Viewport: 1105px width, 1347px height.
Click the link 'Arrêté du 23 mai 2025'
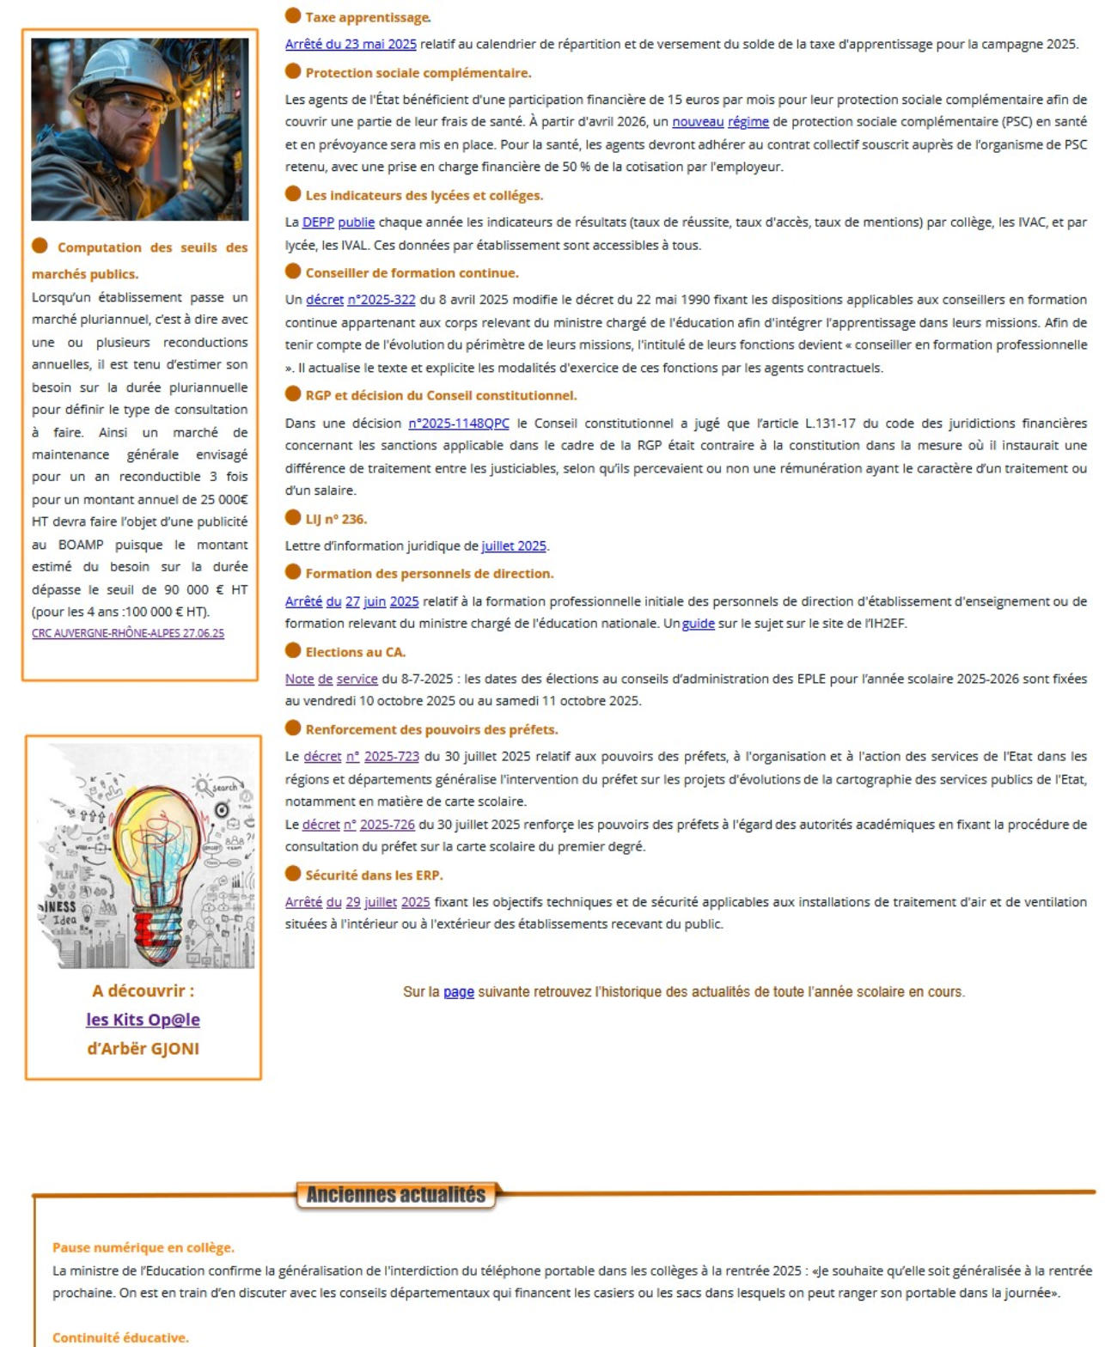pos(351,44)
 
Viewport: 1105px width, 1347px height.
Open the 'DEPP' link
pos(318,222)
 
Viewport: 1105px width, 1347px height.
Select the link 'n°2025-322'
pos(381,300)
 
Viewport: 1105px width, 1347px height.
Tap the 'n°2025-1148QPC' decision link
pos(458,424)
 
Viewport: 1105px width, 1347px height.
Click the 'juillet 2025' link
pos(513,546)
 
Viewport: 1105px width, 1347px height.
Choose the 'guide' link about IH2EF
pos(698,624)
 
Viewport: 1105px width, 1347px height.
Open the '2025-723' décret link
pos(391,757)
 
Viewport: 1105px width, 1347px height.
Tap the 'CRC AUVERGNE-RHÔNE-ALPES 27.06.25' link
pos(128,633)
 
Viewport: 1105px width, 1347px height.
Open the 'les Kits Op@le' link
pos(143,1020)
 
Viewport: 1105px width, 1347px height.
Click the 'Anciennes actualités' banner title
pos(395,1195)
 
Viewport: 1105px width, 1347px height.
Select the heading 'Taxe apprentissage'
pos(367,17)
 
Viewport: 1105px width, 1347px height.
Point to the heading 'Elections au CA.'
pos(355,652)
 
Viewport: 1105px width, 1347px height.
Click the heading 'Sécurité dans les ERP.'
pos(374,875)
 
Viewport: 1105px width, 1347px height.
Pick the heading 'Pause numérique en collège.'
pos(143,1247)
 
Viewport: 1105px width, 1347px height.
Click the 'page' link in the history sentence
pos(458,992)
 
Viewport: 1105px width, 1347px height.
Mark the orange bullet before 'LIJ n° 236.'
pos(293,518)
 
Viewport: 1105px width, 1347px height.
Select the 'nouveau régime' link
pos(720,122)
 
